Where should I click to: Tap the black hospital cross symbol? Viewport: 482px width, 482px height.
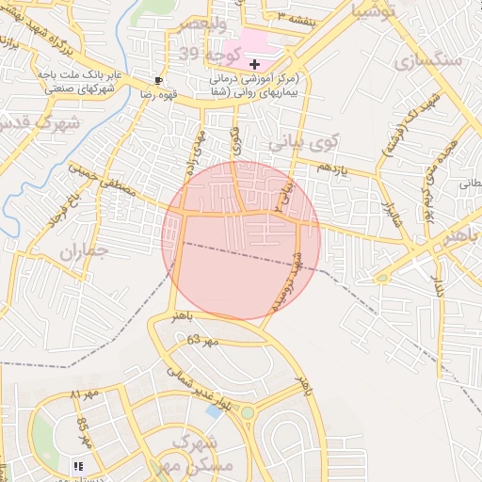[255, 63]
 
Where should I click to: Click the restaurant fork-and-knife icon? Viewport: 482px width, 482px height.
[76, 465]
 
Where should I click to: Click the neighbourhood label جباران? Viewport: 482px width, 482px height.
[84, 251]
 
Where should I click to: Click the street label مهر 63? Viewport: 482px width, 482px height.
[202, 340]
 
